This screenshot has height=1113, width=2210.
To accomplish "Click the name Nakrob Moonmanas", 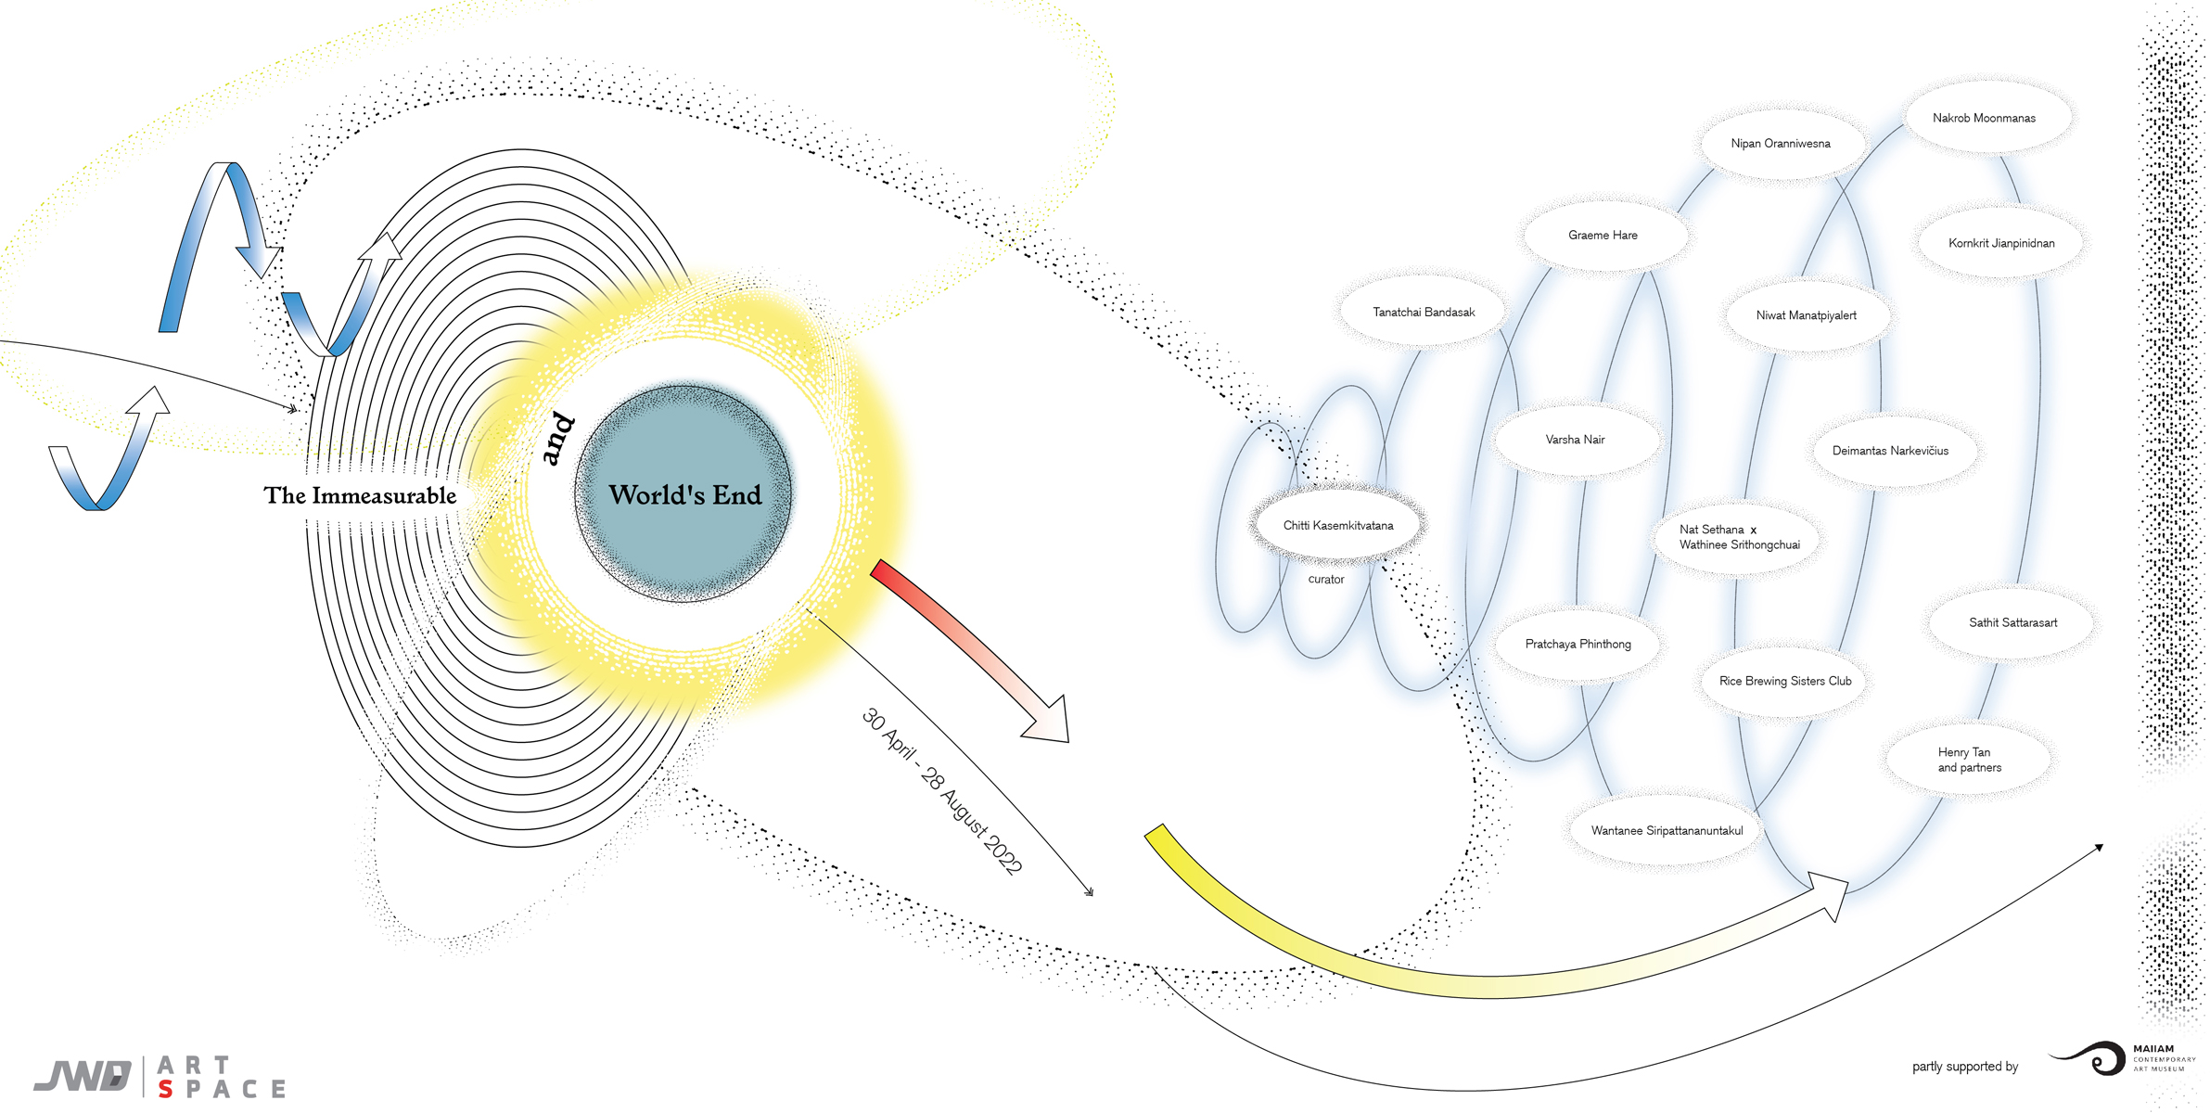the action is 1984,118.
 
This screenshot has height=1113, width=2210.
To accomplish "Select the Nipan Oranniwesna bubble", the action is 1781,144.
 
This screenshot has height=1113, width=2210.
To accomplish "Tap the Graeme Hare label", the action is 1603,236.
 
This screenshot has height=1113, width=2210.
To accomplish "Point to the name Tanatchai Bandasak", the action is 1424,313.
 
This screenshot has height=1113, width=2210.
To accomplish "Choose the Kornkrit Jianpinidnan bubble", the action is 2001,243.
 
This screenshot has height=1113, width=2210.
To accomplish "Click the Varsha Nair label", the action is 1575,440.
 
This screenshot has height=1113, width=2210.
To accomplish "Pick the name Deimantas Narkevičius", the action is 1890,451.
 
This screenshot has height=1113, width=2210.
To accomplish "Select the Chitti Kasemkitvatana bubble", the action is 1338,525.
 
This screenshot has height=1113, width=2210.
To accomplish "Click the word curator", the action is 1326,580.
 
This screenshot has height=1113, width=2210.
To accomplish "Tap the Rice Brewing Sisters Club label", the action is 1785,681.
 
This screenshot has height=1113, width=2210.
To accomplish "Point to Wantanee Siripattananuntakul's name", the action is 1667,831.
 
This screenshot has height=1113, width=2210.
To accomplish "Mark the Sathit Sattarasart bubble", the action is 2012,622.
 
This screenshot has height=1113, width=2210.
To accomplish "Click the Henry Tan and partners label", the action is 1969,760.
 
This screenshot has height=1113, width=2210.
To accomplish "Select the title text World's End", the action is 685,495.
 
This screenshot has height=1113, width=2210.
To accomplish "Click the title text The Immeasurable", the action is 360,495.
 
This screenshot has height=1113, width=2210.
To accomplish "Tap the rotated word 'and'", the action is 557,439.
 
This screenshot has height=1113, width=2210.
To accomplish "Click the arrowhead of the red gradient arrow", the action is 1048,722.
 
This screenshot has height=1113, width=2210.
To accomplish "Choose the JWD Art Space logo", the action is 160,1077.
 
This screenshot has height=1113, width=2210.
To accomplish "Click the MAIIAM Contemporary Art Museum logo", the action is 2122,1059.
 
